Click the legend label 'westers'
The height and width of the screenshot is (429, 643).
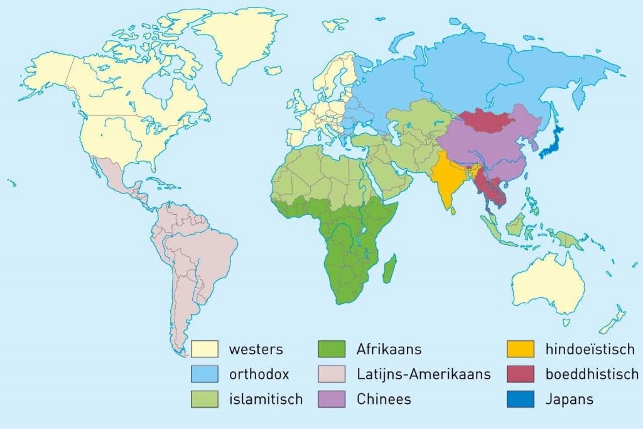pos(256,349)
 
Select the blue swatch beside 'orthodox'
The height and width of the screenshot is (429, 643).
pos(205,374)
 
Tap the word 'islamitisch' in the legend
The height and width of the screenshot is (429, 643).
pos(266,399)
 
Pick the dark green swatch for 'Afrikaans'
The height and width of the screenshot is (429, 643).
pos(332,349)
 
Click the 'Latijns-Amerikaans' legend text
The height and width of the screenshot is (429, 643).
pos(423,374)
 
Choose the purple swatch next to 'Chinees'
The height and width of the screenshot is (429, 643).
pos(332,399)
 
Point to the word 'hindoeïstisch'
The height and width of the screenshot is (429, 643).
pos(590,349)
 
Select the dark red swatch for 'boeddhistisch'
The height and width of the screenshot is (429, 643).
pos(521,374)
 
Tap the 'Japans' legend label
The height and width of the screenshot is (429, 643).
pos(570,399)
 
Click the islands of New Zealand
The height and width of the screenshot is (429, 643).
pos(612,320)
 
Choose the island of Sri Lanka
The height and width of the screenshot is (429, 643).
pos(454,210)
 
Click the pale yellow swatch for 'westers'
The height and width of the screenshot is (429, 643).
pos(205,349)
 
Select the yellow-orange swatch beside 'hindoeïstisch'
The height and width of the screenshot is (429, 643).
pos(521,349)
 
